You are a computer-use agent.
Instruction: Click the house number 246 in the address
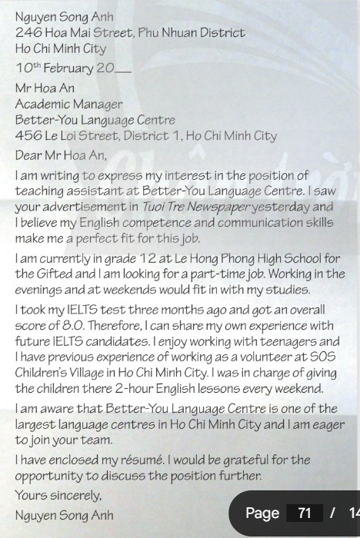(x=28, y=33)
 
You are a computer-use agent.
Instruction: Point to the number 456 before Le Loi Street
(x=28, y=136)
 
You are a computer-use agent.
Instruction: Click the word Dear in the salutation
(x=28, y=155)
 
